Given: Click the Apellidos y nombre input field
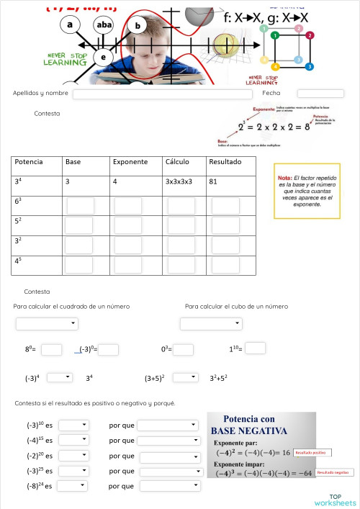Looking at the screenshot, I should [162, 94].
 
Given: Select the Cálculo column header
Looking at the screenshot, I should [177, 162].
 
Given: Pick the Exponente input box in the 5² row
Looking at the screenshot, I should [127, 225].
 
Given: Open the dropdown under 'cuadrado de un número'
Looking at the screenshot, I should [47, 324].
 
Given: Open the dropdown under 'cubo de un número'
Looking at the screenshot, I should [211, 324].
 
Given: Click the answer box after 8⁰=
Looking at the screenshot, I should [51, 350].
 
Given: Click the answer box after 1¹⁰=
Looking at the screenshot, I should [255, 348].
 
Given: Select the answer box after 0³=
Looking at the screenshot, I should [183, 350].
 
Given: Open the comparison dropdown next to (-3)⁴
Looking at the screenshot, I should [59, 377].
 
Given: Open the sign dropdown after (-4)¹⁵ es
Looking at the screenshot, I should [73, 440].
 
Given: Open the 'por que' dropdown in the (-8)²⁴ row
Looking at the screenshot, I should [169, 486].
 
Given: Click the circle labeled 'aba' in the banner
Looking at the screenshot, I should [104, 24].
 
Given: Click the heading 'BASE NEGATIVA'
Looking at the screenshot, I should [249, 431].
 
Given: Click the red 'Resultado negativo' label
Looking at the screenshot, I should [333, 473].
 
